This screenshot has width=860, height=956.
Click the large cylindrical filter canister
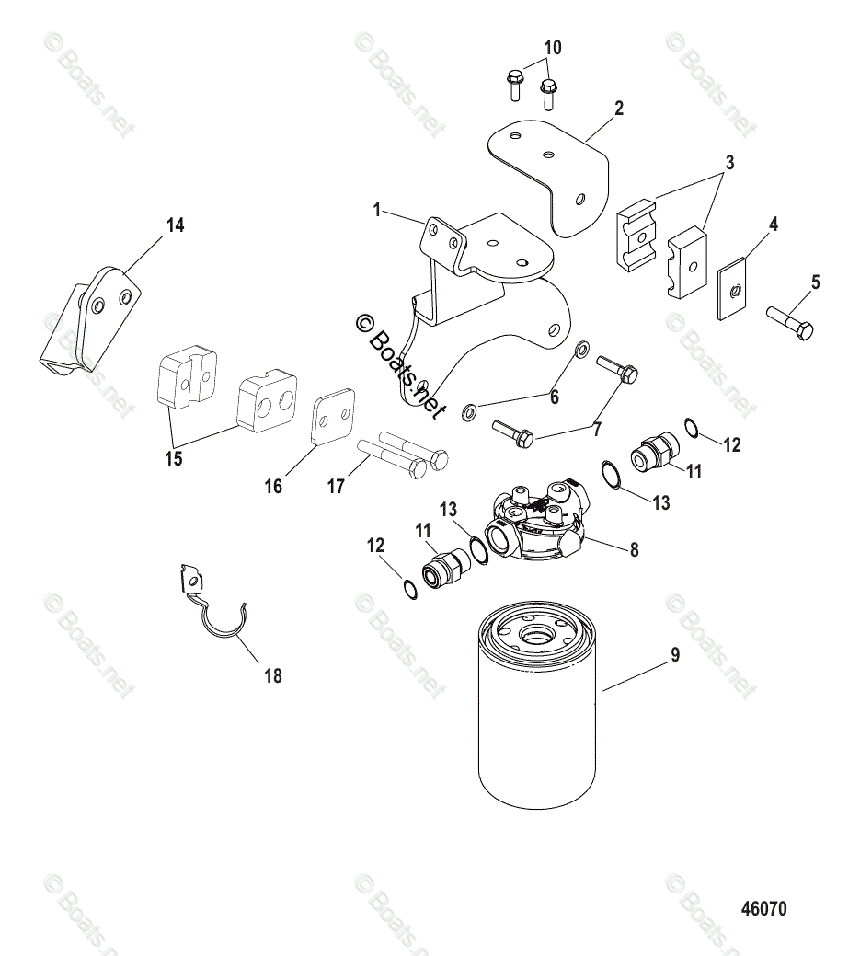click(539, 718)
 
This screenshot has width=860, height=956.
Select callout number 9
click(674, 657)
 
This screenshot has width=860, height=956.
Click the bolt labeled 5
click(792, 324)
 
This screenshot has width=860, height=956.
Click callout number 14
click(175, 225)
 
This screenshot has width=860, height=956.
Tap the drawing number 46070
click(763, 909)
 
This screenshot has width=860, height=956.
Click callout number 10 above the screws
click(552, 48)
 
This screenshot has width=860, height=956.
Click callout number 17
click(336, 485)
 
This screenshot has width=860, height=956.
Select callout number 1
click(377, 211)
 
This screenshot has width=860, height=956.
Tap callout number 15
click(174, 459)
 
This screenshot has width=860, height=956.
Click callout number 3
click(728, 164)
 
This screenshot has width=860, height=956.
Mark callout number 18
click(272, 677)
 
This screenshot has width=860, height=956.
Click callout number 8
click(634, 551)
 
